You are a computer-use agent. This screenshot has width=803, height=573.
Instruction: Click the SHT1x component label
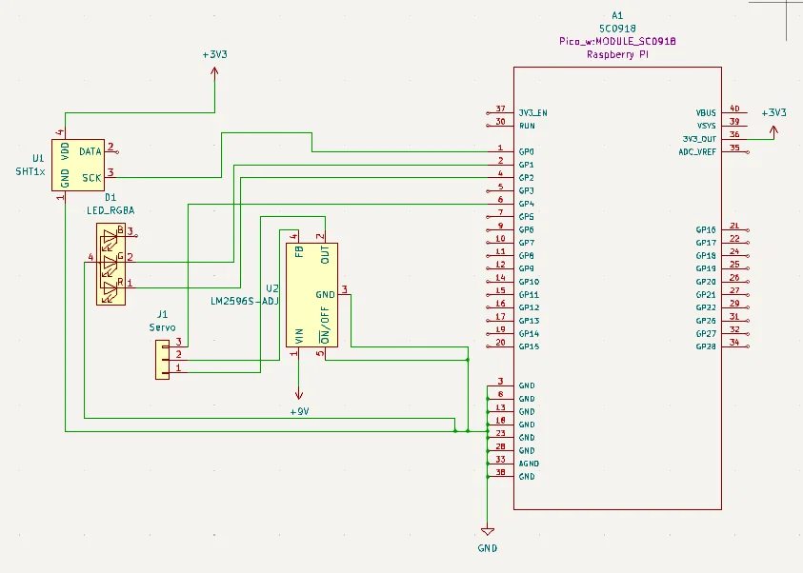tap(29, 171)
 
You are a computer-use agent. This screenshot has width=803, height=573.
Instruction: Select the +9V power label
tap(300, 412)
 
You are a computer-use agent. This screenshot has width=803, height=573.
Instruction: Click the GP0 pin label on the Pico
tap(526, 152)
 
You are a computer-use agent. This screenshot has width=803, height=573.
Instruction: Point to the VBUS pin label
tap(706, 112)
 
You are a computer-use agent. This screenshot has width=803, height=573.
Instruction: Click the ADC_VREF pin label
tap(697, 151)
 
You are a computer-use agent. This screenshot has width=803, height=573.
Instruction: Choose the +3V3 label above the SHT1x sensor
tap(214, 55)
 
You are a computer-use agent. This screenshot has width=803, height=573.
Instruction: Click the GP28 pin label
tap(706, 346)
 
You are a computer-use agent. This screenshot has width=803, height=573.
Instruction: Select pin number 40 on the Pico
tap(733, 109)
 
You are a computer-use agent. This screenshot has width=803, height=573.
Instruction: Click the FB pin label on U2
tap(298, 254)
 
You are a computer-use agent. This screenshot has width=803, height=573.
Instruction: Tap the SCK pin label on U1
tap(91, 178)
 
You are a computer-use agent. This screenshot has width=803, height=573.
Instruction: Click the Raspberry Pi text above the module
tap(617, 56)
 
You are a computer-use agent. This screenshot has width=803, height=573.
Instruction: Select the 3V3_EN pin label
tap(532, 112)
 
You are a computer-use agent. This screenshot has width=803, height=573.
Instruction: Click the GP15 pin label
tap(529, 346)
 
